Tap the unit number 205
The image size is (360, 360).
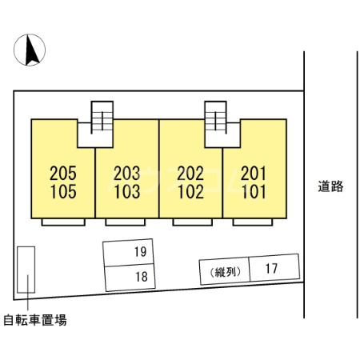coord(62,172)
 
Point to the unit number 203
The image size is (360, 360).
coord(126,172)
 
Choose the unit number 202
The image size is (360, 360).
coord(190,172)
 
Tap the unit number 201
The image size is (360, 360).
coord(253,172)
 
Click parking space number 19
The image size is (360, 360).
coord(140,253)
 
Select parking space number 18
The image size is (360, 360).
coord(140,277)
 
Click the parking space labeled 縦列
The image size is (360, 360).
coord(223,272)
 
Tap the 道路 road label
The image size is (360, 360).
coord(330,187)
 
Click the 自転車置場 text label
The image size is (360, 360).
coord(34,321)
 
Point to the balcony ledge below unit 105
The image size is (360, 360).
coord(62,222)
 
